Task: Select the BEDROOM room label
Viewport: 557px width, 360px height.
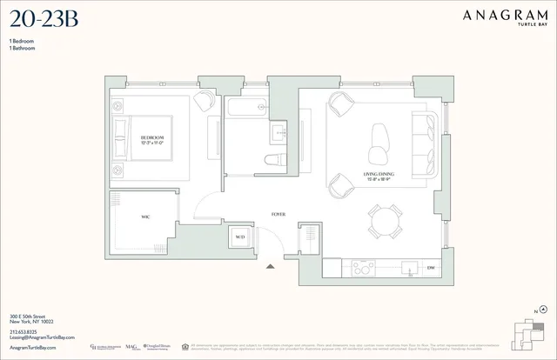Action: (x=152, y=138)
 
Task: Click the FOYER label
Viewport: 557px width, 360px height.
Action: (x=278, y=212)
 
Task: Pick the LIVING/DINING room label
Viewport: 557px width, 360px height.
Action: (x=377, y=177)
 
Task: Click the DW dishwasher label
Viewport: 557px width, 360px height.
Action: (x=430, y=268)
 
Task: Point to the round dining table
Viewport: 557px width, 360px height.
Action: (x=384, y=221)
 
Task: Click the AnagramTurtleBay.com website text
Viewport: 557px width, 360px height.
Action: (x=32, y=346)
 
